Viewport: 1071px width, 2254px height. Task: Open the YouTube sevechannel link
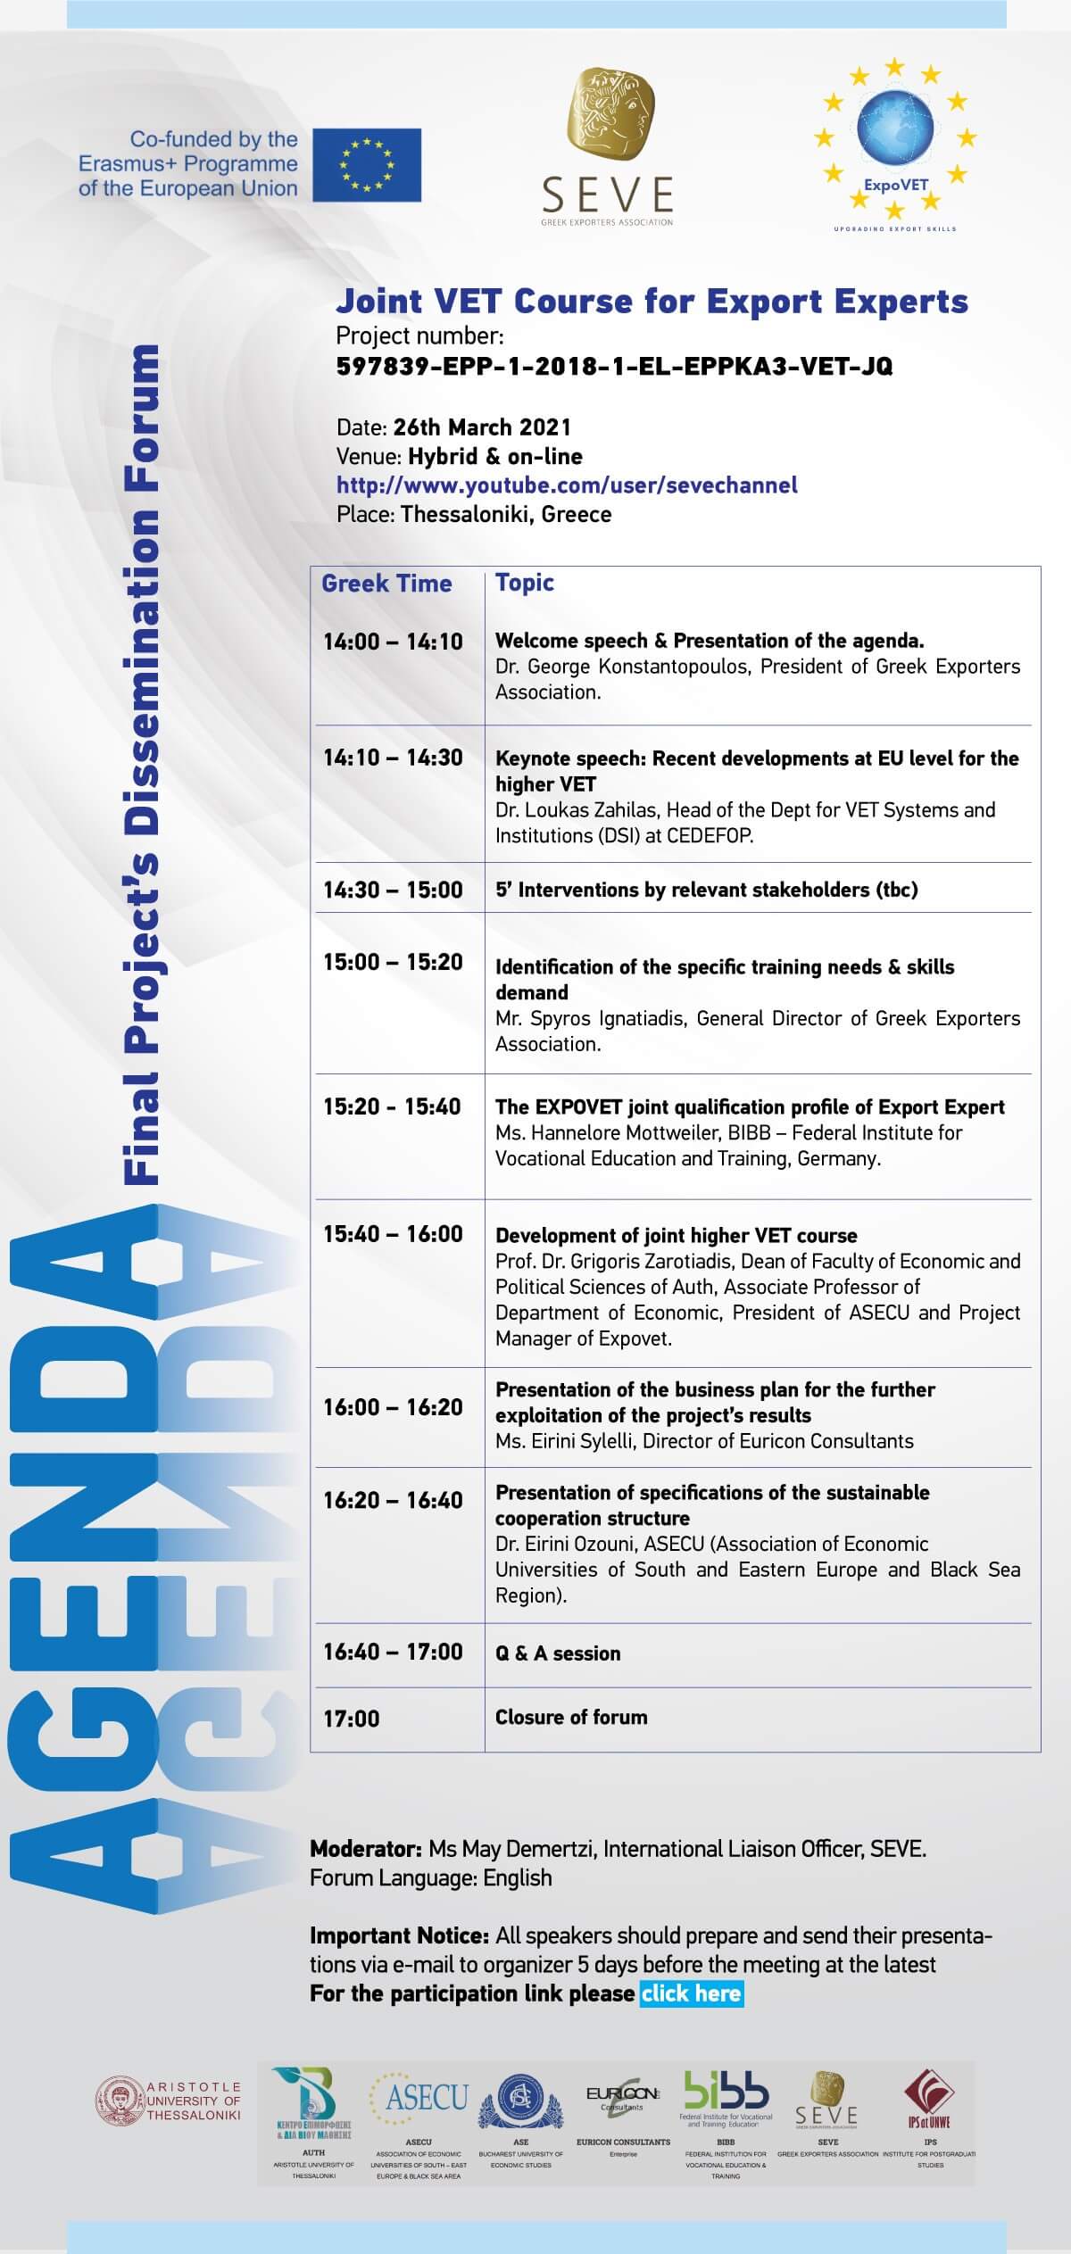[567, 485]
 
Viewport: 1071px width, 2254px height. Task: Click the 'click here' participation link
[691, 1993]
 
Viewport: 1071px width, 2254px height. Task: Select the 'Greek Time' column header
[386, 584]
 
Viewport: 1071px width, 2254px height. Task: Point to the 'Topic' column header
[525, 583]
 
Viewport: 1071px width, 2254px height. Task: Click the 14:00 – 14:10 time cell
[393, 642]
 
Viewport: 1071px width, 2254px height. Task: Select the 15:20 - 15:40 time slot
[392, 1106]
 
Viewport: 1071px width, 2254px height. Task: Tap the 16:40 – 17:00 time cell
[393, 1652]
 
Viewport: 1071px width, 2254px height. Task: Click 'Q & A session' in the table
[558, 1653]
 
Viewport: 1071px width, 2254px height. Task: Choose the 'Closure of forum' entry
[571, 1717]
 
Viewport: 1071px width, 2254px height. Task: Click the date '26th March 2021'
[482, 427]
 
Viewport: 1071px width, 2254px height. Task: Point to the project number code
[614, 367]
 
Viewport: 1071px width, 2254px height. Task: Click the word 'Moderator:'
[366, 1849]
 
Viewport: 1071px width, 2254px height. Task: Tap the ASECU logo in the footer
[427, 2097]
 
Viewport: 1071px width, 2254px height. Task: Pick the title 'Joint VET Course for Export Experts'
[652, 302]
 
